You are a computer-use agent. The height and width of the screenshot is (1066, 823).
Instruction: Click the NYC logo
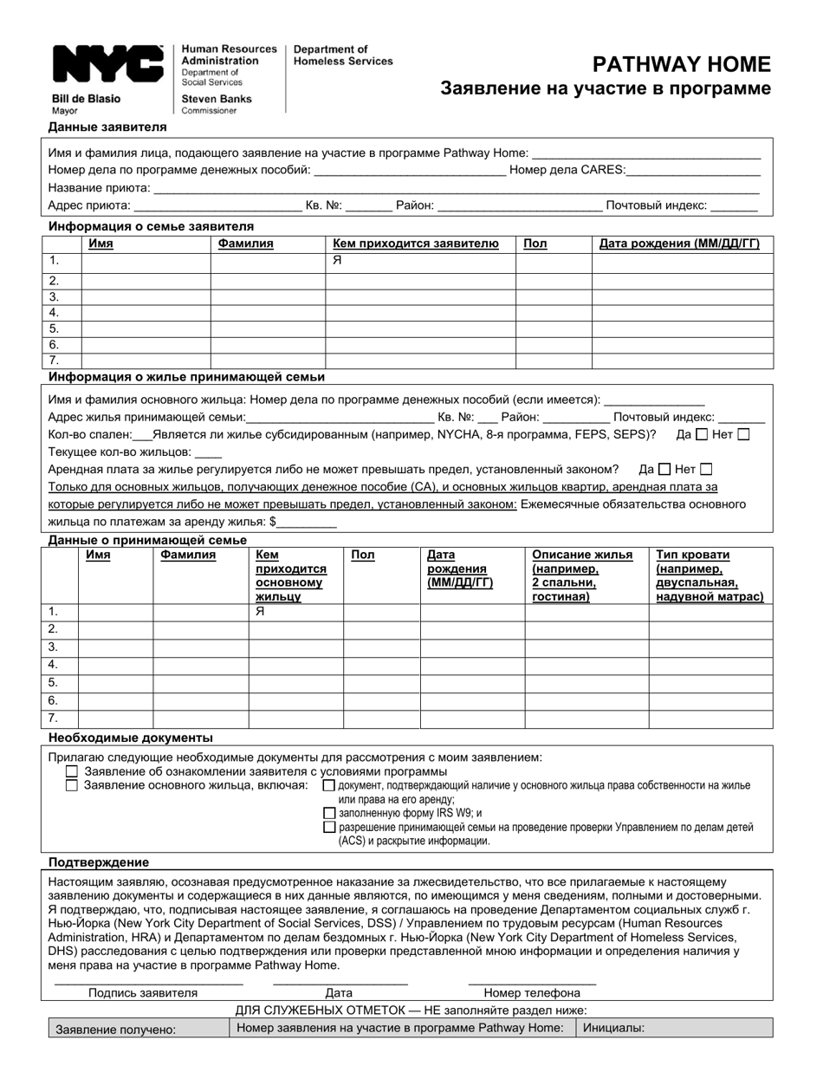point(108,66)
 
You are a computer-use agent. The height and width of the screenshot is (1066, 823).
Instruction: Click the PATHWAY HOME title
point(681,64)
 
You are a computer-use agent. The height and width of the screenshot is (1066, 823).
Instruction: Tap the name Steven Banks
point(217,99)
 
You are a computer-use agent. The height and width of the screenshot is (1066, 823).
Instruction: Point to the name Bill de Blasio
point(87,99)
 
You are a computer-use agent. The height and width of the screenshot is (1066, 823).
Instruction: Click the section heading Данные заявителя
point(107,127)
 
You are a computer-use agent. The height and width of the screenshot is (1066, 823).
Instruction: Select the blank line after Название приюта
point(456,188)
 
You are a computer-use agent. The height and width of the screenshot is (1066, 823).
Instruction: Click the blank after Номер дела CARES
point(693,171)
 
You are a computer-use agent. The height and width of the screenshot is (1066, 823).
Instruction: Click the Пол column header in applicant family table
point(535,244)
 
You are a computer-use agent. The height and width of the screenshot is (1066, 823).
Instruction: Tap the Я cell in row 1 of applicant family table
point(338,259)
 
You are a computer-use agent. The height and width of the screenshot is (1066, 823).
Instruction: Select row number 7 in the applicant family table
point(55,361)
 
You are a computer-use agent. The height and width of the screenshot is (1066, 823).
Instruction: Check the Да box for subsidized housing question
point(702,434)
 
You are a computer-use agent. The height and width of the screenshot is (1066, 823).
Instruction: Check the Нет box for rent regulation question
point(706,469)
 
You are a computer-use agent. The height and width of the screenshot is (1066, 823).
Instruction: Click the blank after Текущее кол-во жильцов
point(209,452)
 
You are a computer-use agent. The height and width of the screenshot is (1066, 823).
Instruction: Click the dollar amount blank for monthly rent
point(307,523)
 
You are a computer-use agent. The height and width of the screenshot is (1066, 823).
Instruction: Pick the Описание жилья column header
point(582,575)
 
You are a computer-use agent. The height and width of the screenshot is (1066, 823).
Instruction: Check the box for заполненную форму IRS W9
point(329,813)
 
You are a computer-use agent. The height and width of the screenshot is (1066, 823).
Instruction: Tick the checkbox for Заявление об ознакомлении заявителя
point(72,771)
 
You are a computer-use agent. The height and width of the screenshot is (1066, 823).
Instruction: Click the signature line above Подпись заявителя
point(148,983)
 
